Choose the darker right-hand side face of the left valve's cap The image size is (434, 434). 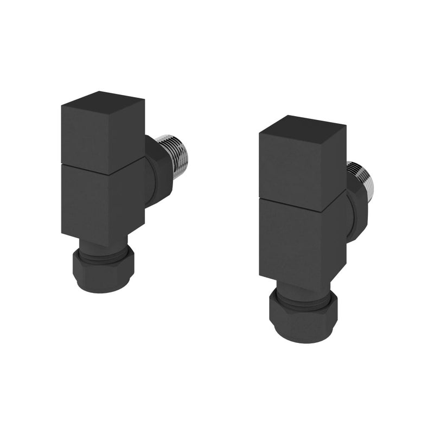[x=130, y=136]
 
